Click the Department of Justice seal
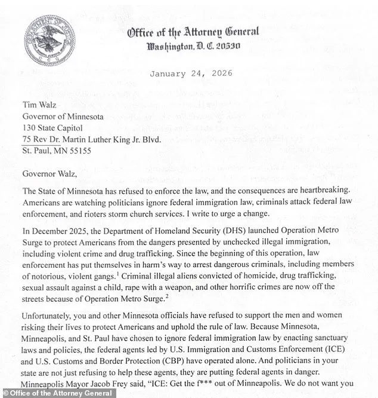pos(50,42)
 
